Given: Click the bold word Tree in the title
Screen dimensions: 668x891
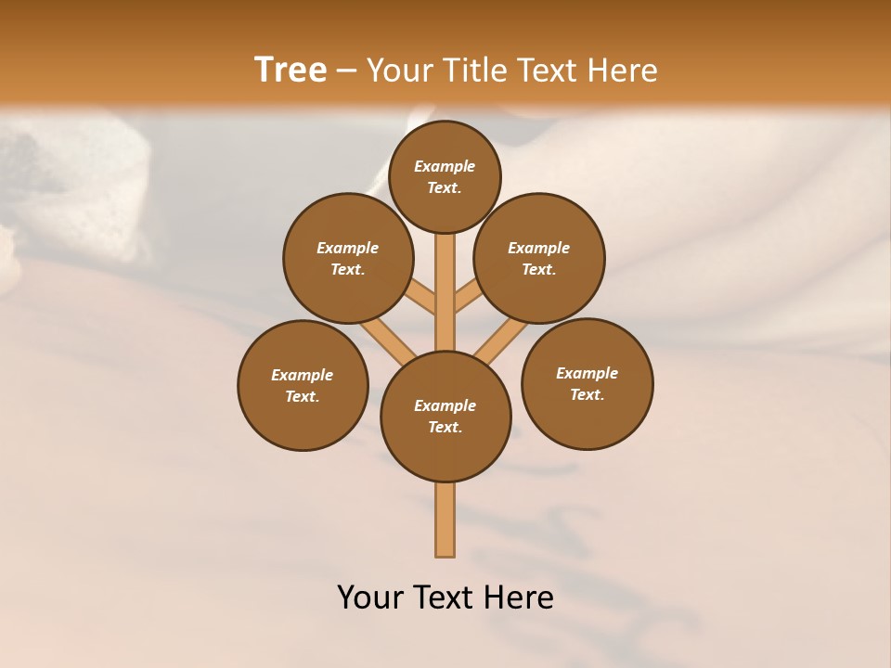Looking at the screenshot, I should [x=291, y=71].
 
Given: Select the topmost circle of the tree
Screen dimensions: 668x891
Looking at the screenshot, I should [x=445, y=148].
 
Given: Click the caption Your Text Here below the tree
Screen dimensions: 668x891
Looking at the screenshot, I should [x=445, y=597].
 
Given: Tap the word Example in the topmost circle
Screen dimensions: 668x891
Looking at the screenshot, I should [x=445, y=166].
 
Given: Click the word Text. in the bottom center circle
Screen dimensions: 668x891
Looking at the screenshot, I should [x=445, y=428].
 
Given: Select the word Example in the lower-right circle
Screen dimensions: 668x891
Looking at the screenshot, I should [x=587, y=373].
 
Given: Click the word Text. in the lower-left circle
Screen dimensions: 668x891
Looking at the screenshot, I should [x=302, y=397].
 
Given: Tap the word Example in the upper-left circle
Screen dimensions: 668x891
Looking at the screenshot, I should [x=348, y=248].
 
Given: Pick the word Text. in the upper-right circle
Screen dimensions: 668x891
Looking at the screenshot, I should [x=538, y=270].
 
